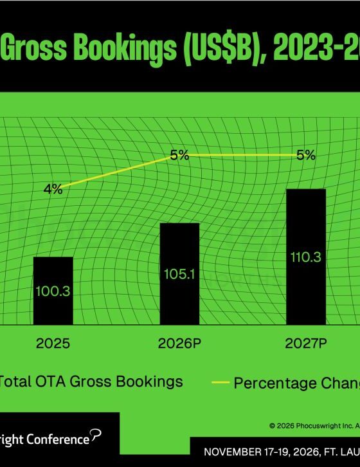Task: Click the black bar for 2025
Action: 53,291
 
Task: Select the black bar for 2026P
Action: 179,274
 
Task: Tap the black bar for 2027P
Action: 306,257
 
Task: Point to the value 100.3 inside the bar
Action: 53,291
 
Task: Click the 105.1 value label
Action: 179,274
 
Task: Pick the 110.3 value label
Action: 306,257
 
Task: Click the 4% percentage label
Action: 53,189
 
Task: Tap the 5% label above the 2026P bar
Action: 179,155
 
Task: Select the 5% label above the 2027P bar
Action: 306,155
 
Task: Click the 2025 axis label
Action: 53,343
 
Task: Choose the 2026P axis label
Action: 179,343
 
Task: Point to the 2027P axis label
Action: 306,343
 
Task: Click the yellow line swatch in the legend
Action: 221,383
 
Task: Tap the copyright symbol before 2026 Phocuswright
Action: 272,426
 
